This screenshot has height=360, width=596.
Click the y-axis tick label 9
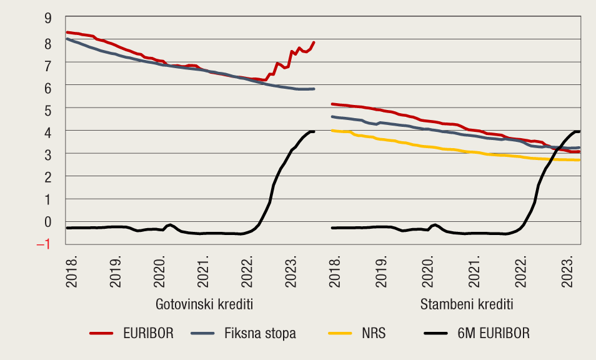[47, 18]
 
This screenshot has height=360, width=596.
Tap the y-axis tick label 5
[47, 108]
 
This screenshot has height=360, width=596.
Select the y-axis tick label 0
[47, 222]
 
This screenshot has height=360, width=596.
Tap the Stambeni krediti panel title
[467, 304]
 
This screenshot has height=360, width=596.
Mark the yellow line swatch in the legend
[341, 334]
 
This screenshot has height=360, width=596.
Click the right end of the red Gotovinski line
[314, 42]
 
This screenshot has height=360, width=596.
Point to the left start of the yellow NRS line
[331, 130]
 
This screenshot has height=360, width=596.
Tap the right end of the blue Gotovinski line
[314, 89]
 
